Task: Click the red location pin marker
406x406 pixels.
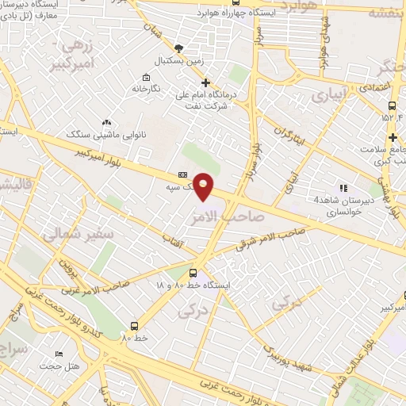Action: click(x=204, y=186)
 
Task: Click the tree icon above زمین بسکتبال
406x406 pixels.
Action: click(x=179, y=48)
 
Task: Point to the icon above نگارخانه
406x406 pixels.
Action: click(x=146, y=78)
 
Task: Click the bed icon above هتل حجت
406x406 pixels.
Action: click(x=58, y=354)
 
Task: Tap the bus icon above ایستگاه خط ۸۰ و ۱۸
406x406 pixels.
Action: click(x=193, y=273)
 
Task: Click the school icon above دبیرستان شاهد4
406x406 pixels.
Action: click(x=343, y=188)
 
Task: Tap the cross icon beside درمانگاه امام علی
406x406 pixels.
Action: click(x=205, y=82)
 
